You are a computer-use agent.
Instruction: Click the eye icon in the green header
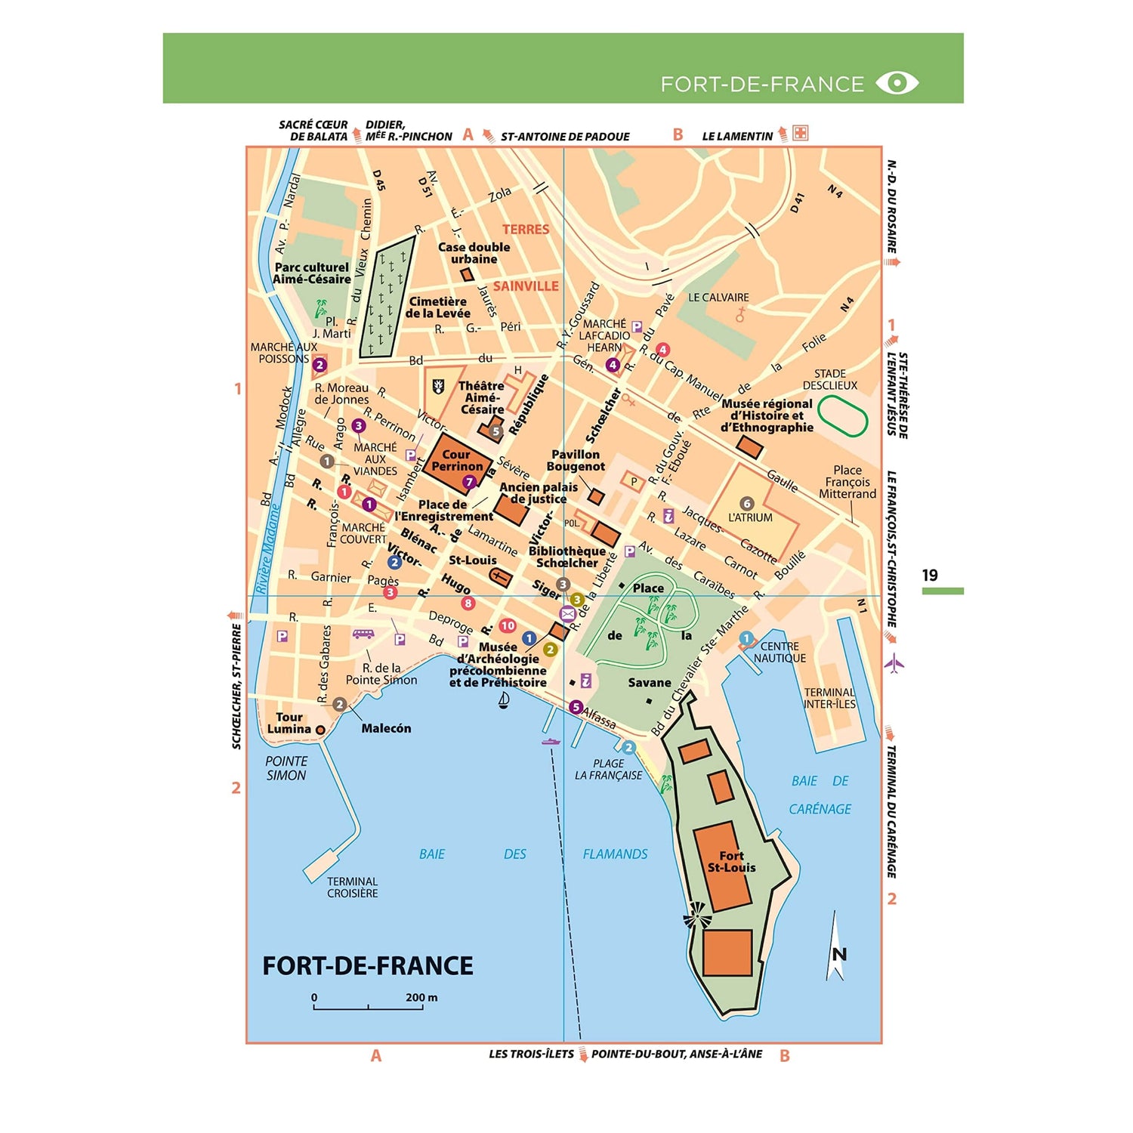(x=897, y=82)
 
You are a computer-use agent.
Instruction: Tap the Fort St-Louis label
(x=731, y=862)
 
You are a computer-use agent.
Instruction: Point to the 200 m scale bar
(x=369, y=1007)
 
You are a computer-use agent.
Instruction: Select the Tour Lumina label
(x=289, y=723)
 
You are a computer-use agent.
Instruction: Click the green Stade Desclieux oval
(x=842, y=415)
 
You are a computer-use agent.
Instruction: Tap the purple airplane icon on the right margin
(x=894, y=664)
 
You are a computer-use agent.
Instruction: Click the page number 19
(x=930, y=576)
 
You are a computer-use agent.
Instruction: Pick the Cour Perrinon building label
(x=456, y=461)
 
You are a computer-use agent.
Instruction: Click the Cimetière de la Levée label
(x=437, y=307)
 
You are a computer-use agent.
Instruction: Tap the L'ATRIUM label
(x=750, y=517)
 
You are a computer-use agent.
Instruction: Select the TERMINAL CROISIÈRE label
(x=352, y=888)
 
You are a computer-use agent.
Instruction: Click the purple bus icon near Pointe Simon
(x=363, y=634)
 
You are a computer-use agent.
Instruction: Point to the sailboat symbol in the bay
(x=504, y=700)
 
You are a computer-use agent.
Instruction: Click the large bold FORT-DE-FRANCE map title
(x=368, y=966)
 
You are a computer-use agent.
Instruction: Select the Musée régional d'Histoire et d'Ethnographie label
(x=767, y=415)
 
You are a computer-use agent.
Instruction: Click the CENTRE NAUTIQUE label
(x=780, y=652)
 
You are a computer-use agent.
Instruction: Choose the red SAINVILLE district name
(x=526, y=286)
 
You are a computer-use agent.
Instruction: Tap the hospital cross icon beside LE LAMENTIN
(x=800, y=134)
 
